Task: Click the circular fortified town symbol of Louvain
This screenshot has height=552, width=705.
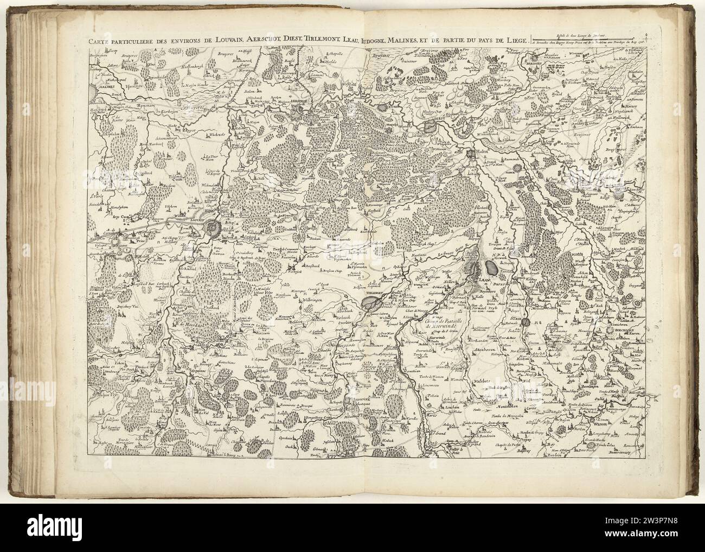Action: pyautogui.click(x=213, y=227)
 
